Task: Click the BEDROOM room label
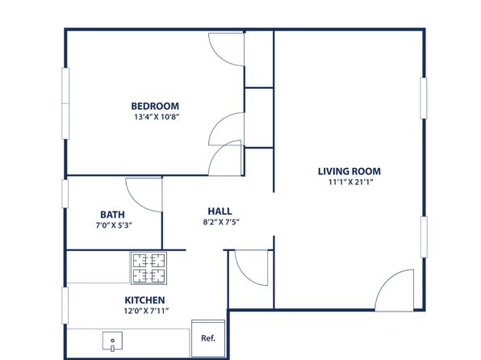coord(155,107)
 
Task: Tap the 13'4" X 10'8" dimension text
coord(157,117)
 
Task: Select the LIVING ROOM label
coord(349,171)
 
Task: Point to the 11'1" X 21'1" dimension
coord(350,182)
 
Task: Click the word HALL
coord(220,211)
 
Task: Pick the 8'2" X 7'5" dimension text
coord(221,222)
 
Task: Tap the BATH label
coord(112,215)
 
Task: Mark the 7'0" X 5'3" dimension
coord(114,225)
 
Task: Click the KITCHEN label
coord(144,300)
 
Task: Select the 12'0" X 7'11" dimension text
coord(146,311)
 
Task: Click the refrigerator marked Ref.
coord(208,338)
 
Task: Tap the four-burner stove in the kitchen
coord(148,268)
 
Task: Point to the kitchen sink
coord(112,341)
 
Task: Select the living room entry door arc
coord(385,280)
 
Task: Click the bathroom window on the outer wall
coord(65,194)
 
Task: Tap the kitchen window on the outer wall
coord(65,305)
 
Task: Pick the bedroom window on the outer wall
coord(65,103)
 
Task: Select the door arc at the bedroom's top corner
coord(219,56)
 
